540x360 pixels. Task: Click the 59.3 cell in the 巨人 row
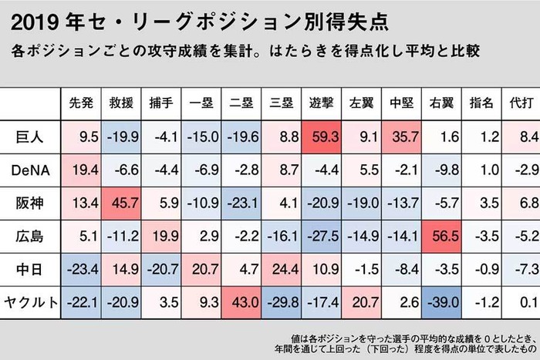click(322, 137)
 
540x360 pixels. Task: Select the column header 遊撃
click(322, 103)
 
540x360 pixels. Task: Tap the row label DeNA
click(30, 170)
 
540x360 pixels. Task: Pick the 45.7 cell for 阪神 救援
click(121, 204)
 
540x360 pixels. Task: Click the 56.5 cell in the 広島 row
click(441, 237)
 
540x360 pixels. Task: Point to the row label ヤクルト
click(31, 302)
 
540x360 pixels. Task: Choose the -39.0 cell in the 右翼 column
click(441, 302)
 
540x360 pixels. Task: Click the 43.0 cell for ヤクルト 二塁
click(241, 302)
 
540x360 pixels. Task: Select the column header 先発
click(81, 103)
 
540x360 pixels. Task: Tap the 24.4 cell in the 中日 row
click(282, 270)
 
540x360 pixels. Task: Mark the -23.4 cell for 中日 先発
click(81, 270)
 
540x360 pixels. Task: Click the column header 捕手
click(161, 103)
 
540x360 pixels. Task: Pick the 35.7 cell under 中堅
click(402, 137)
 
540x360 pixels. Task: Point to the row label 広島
click(29, 237)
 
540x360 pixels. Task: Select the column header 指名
click(481, 103)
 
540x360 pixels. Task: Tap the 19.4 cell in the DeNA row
click(81, 170)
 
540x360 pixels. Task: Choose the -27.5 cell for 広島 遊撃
click(322, 237)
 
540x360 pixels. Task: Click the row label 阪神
click(29, 204)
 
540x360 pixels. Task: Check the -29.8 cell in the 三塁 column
click(282, 302)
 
